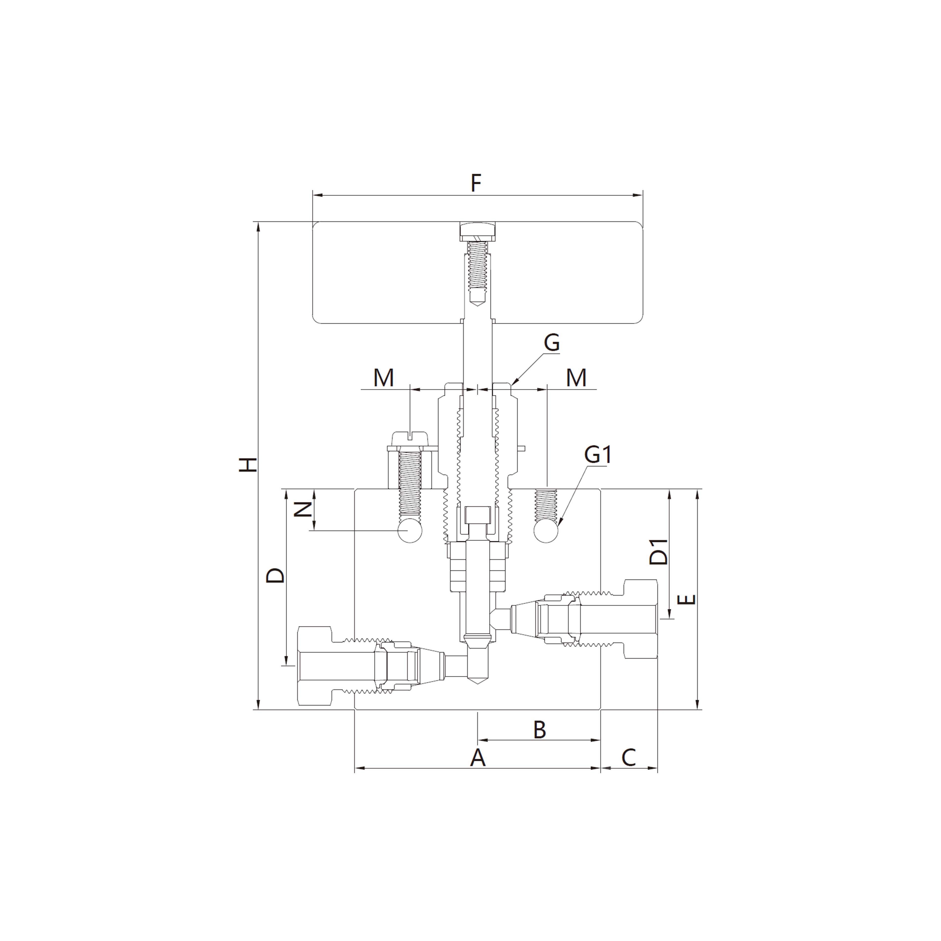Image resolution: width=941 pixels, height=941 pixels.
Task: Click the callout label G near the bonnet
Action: (x=551, y=343)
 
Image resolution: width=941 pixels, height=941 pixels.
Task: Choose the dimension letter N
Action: (x=303, y=509)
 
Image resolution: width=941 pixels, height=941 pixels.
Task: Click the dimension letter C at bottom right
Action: (x=629, y=758)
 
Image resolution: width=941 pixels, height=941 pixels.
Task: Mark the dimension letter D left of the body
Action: (x=276, y=575)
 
